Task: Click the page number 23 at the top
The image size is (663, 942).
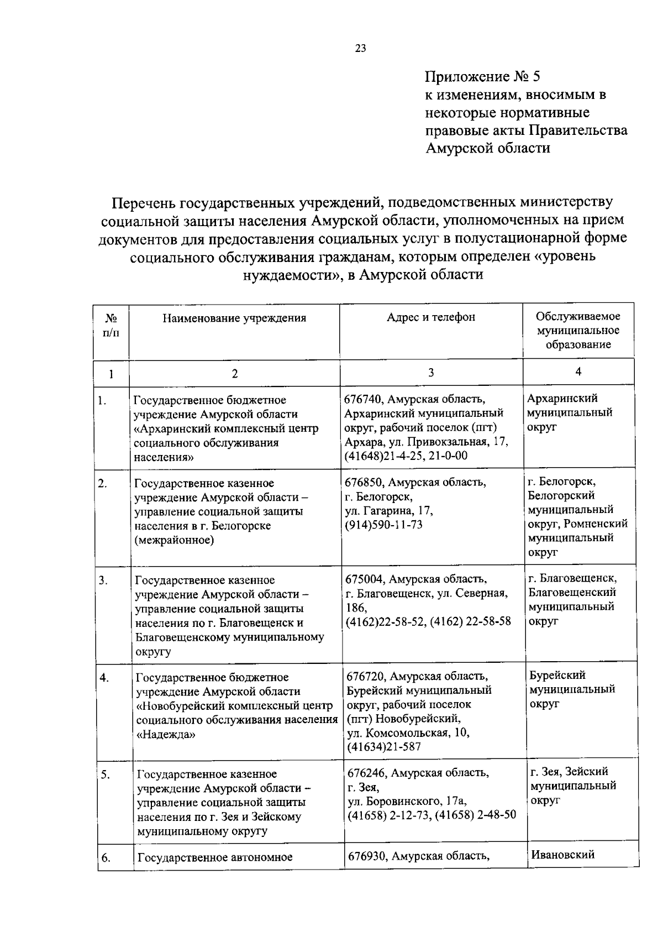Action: (x=360, y=48)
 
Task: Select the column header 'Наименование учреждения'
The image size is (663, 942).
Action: (x=234, y=318)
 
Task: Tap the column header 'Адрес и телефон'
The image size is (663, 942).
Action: (x=431, y=317)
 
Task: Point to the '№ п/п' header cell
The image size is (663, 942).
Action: (x=110, y=326)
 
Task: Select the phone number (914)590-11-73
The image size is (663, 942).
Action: (x=383, y=525)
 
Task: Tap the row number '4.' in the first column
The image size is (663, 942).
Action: (x=104, y=678)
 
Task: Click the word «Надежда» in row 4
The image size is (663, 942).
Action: (x=165, y=735)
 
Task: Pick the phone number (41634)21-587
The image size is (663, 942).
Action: (x=384, y=747)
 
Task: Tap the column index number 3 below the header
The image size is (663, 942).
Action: (x=431, y=373)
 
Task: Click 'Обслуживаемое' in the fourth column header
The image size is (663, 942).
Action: (x=578, y=316)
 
